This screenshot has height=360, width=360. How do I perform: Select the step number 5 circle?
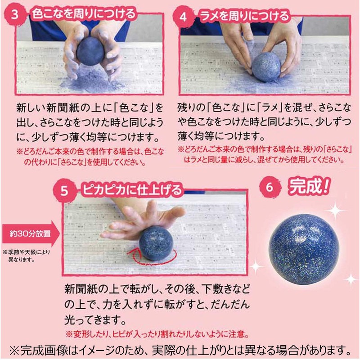click(x=64, y=191)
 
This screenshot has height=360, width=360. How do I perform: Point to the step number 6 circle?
click(x=270, y=186)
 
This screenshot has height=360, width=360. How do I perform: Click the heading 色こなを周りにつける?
click(x=83, y=13)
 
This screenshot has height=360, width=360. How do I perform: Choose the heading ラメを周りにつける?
click(x=246, y=17)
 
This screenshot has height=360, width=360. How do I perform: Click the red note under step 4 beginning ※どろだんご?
click(x=264, y=154)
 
